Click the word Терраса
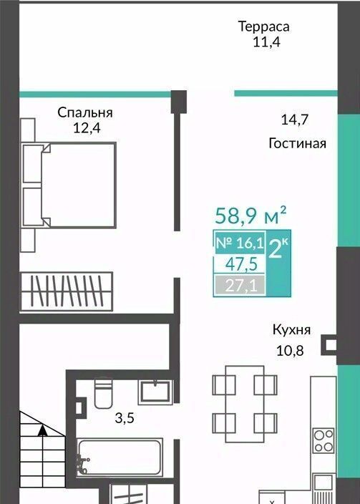263,26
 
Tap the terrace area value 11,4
266,42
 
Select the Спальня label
85,113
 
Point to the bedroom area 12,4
87,128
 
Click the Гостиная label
297,143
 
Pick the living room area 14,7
295,120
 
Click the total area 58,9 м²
250,215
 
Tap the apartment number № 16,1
240,243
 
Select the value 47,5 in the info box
241,265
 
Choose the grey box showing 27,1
240,284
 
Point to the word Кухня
291,330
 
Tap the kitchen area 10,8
290,351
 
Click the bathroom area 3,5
125,419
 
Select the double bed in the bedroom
69,185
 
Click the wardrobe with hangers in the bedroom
67,291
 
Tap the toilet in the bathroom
103,392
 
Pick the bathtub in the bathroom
120,457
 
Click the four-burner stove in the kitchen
323,441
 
